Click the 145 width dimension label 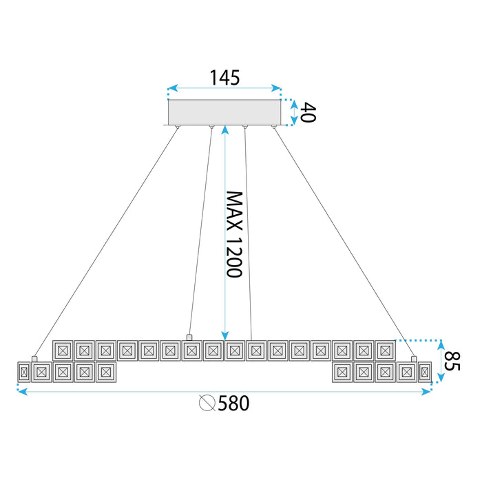[x=225, y=78]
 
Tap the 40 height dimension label [x=308, y=112]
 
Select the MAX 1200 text [x=235, y=234]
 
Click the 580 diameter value [x=233, y=404]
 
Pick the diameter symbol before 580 [x=207, y=404]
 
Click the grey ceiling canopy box [x=224, y=112]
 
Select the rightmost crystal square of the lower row [x=424, y=373]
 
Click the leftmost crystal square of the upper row [x=63, y=350]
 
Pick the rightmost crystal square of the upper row [x=384, y=350]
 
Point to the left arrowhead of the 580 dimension [x=21, y=392]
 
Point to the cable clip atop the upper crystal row [x=189, y=337]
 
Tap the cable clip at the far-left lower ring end [x=34, y=359]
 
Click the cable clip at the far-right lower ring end [x=414, y=359]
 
